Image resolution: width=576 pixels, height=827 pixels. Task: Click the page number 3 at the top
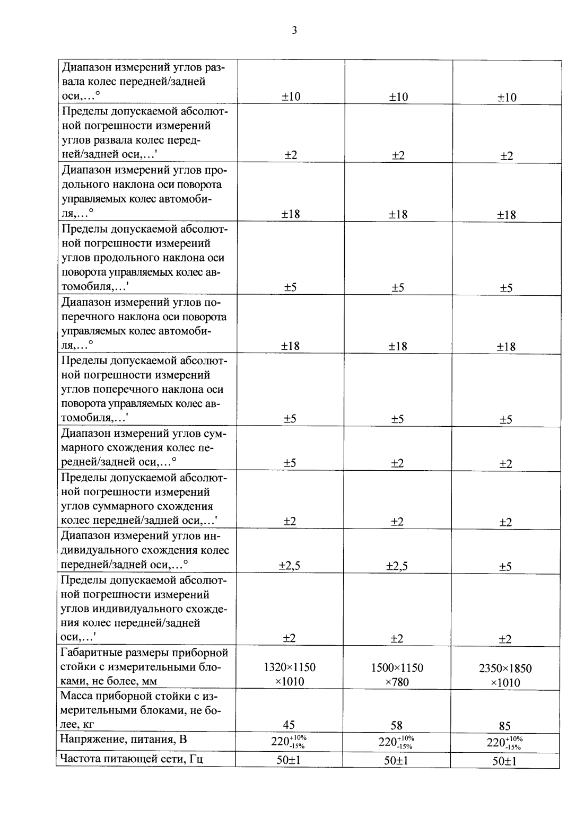click(294, 30)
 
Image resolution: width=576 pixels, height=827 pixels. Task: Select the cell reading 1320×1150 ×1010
click(290, 674)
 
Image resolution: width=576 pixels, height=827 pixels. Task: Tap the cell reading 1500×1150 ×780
click(397, 674)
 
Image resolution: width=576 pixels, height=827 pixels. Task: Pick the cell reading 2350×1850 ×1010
click(505, 675)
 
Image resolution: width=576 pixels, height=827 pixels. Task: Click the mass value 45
click(289, 725)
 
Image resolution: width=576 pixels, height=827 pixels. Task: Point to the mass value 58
click(397, 725)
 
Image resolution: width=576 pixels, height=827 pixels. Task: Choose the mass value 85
click(505, 726)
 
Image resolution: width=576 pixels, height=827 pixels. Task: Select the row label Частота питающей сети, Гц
click(132, 759)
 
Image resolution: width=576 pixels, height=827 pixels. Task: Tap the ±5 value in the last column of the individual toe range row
click(505, 567)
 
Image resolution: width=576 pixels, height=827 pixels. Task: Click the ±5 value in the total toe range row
click(290, 463)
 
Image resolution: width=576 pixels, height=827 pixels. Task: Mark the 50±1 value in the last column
click(504, 761)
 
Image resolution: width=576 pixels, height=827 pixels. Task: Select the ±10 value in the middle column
click(397, 96)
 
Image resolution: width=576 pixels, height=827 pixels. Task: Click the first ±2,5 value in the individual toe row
click(290, 566)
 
